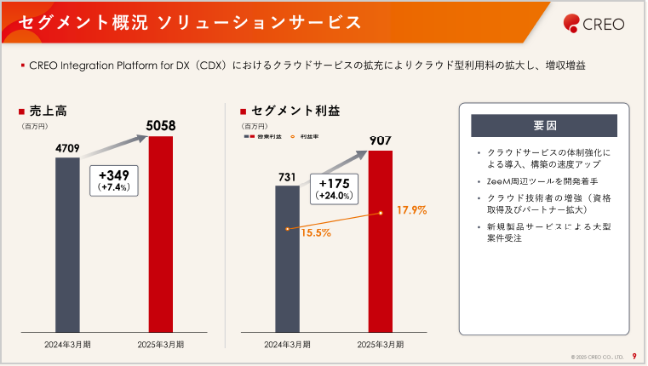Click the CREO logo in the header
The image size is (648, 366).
tap(594, 24)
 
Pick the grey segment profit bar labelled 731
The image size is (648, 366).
tap(287, 259)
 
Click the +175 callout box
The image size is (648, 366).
tap(333, 188)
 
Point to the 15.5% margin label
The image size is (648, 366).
tap(316, 232)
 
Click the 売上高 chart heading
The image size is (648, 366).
tap(48, 111)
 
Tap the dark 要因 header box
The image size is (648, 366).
tap(544, 126)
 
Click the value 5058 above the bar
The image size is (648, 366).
tap(161, 126)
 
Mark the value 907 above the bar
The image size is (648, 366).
tap(381, 140)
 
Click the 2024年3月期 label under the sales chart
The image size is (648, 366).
tap(68, 345)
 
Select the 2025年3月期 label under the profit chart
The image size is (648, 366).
tap(381, 345)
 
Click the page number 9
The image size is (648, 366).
tap(634, 356)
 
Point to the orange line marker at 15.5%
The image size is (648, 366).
tap(288, 229)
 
